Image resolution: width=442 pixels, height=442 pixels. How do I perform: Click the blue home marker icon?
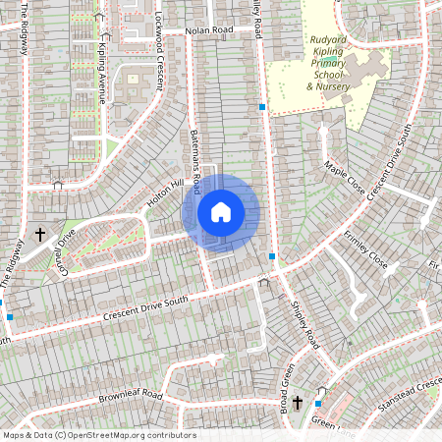click(221, 211)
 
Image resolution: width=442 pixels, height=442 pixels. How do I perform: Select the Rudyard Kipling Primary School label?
click(335, 61)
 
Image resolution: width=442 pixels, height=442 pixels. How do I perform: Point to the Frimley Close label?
click(366, 250)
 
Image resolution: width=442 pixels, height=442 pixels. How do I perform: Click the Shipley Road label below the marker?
click(305, 324)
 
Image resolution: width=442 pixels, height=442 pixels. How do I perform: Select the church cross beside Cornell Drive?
click(41, 235)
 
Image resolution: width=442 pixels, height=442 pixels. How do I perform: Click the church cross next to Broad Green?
click(298, 402)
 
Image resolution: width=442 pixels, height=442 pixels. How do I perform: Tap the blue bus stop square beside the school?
click(262, 105)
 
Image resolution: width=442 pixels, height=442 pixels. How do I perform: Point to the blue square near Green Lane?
click(318, 403)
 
